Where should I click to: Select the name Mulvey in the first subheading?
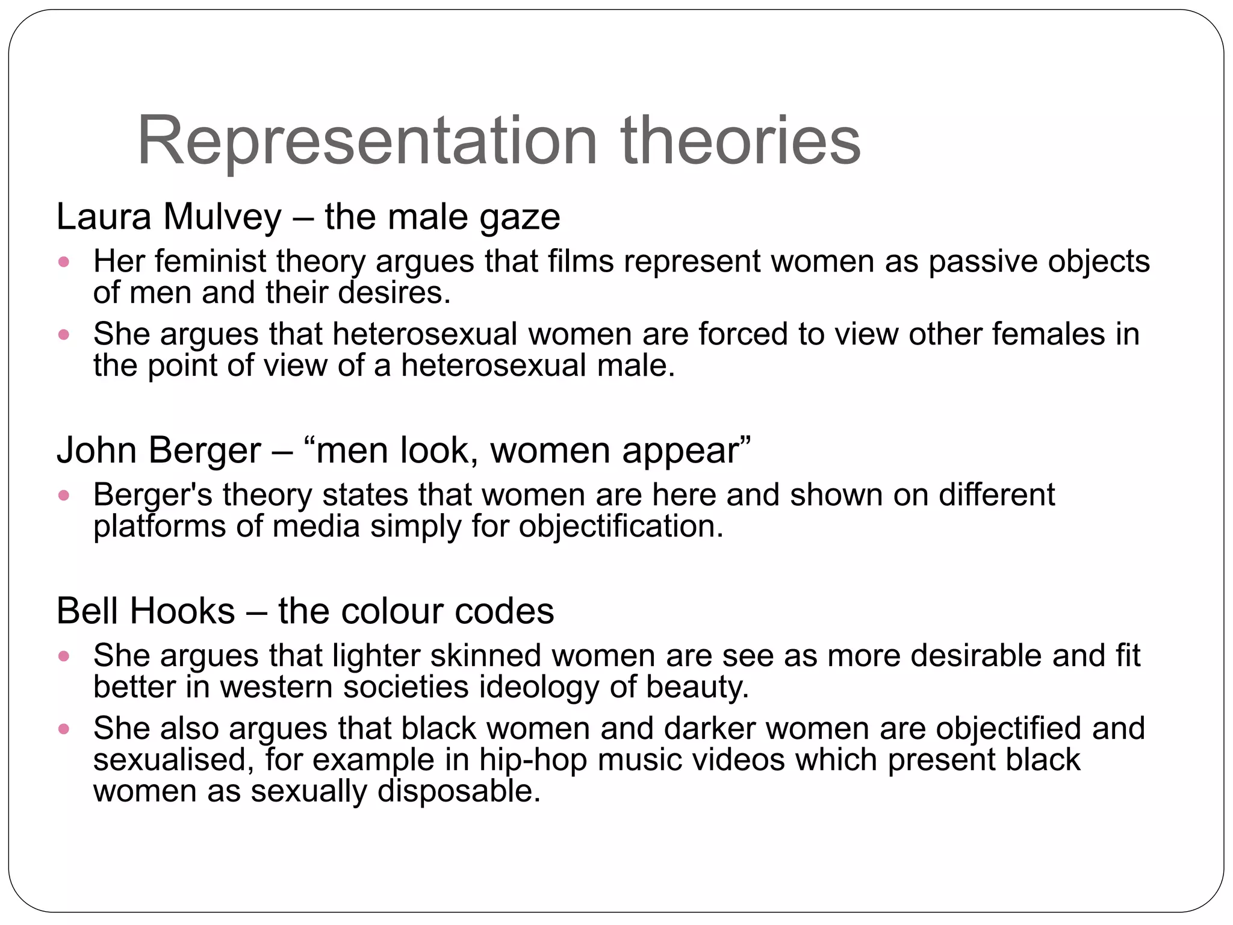pyautogui.click(x=222, y=217)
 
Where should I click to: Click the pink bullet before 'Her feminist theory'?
pyautogui.click(x=64, y=262)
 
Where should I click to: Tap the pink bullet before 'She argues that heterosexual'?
pyautogui.click(x=64, y=334)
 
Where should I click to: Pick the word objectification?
pyautogui.click(x=621, y=526)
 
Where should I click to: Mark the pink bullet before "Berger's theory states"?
pyautogui.click(x=64, y=496)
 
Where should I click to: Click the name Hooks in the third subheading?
pyautogui.click(x=182, y=611)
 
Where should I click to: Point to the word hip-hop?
pyautogui.click(x=533, y=760)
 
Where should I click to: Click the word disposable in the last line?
pyautogui.click(x=459, y=791)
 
